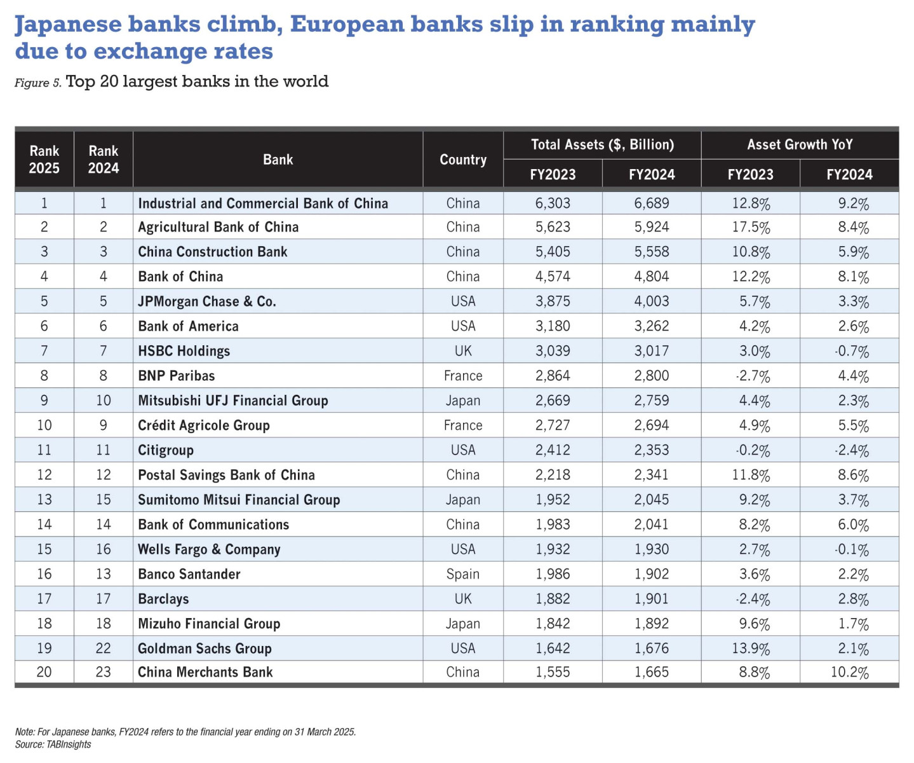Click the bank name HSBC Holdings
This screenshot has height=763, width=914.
(x=184, y=351)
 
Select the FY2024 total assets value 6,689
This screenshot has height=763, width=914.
(x=651, y=203)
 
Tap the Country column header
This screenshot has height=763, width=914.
(x=463, y=160)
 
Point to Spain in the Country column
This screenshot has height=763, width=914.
(x=462, y=574)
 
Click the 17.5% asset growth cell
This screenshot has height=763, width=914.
(x=751, y=228)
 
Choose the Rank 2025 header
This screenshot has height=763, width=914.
(x=44, y=160)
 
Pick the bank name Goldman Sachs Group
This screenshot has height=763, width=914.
(x=205, y=649)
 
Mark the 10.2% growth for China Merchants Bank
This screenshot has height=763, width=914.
(x=849, y=673)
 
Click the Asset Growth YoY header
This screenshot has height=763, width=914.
(x=800, y=145)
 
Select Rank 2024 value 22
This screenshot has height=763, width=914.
(x=103, y=649)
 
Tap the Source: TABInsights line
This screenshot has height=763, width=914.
(x=53, y=745)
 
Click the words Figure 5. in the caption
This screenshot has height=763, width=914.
(x=37, y=83)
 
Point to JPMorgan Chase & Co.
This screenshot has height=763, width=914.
(x=207, y=301)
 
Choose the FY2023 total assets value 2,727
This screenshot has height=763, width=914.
(x=553, y=425)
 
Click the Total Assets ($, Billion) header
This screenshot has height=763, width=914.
(x=602, y=145)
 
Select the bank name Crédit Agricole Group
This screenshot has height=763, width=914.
(x=204, y=425)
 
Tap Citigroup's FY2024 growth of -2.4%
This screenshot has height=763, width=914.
(x=851, y=450)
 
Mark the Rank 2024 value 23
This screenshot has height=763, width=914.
(x=103, y=672)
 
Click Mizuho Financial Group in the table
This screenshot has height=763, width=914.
(x=209, y=624)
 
